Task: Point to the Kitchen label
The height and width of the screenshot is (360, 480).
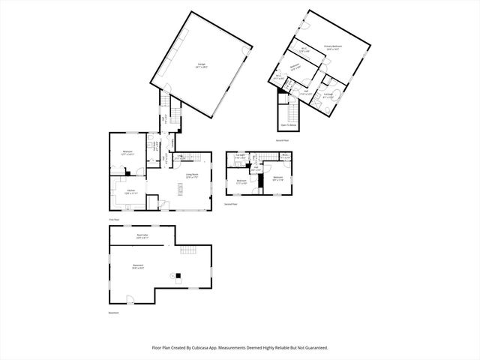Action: (130, 192)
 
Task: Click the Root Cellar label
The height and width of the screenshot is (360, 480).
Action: (141, 236)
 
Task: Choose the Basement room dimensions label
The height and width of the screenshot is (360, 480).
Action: (138, 268)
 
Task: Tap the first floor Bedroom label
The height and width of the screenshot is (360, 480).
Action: (128, 153)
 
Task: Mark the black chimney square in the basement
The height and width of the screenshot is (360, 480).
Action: (178, 274)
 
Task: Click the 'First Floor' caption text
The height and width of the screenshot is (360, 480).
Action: (114, 220)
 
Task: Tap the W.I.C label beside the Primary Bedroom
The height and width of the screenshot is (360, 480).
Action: (304, 50)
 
